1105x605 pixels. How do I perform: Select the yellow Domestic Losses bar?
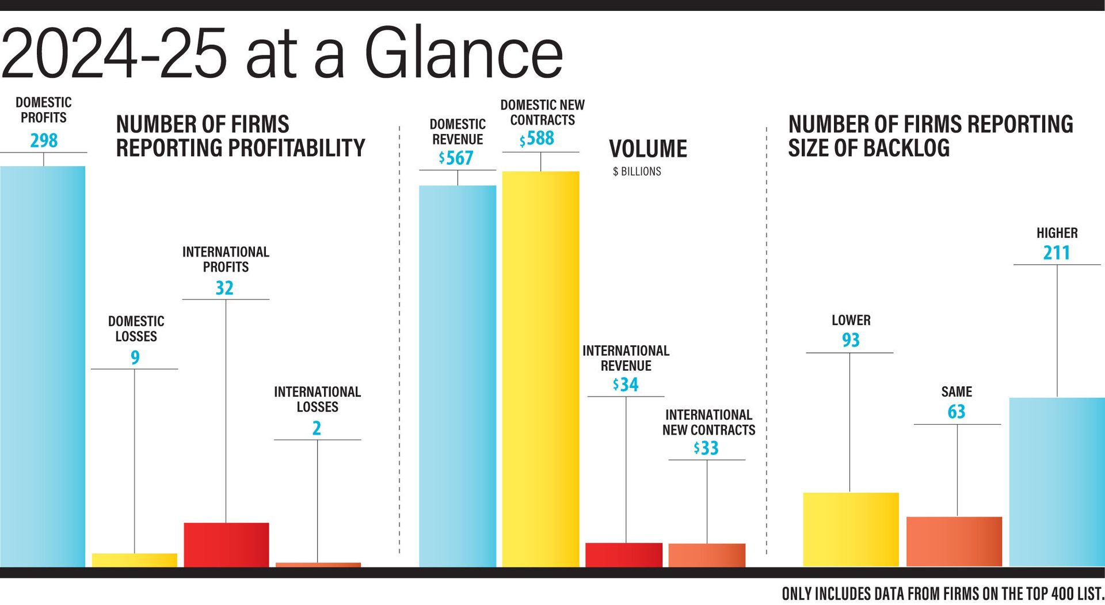[135, 560]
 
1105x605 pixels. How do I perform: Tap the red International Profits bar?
[226, 545]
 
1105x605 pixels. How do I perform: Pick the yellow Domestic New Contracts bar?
[540, 368]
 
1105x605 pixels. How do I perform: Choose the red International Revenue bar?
[624, 554]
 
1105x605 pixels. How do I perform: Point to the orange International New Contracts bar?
[707, 555]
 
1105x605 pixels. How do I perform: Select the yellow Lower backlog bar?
[851, 529]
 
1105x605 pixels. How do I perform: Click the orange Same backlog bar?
[954, 541]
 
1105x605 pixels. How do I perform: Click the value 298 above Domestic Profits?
[44, 140]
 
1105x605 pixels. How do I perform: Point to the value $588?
[538, 139]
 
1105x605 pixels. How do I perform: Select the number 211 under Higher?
[1057, 253]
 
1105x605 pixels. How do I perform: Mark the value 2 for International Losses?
[317, 428]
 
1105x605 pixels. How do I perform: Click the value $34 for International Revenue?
[626, 385]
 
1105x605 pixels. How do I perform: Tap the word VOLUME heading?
[648, 149]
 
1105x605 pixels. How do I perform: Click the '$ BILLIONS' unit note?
[637, 172]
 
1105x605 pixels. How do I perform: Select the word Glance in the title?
[464, 54]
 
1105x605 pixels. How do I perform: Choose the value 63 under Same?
[957, 412]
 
